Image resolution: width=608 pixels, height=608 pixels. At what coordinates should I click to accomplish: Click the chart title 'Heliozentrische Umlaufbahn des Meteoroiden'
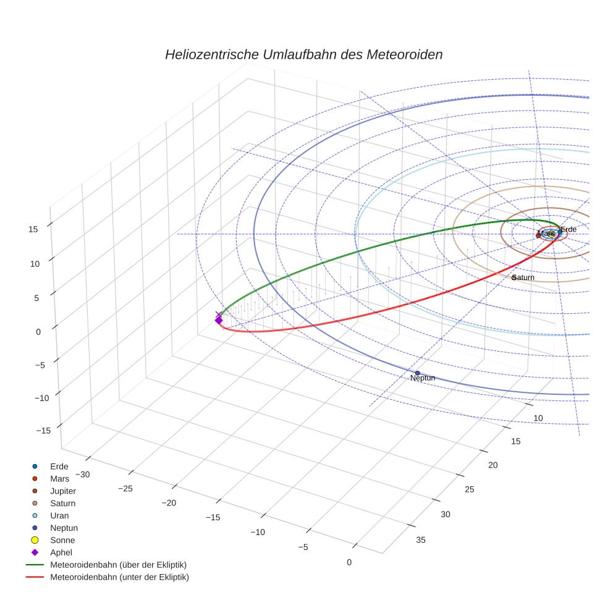[x=303, y=54]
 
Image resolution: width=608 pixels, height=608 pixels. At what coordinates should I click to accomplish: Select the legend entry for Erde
[x=59, y=467]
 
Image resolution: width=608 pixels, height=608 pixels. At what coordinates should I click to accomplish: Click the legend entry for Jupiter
[x=62, y=491]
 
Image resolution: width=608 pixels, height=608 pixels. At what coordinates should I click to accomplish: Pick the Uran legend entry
[x=59, y=515]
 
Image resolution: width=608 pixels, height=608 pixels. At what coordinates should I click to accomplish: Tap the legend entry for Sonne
[x=62, y=540]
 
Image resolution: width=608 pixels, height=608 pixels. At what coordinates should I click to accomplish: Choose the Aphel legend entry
[x=62, y=552]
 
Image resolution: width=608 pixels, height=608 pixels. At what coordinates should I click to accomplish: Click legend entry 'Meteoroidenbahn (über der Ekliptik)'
[x=118, y=565]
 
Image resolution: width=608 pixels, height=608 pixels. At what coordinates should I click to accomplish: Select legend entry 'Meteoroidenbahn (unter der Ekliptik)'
[x=119, y=577]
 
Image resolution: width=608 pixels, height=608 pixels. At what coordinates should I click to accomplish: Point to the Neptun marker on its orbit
[x=417, y=373]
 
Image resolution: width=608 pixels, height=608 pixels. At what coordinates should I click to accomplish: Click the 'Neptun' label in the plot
[x=423, y=378]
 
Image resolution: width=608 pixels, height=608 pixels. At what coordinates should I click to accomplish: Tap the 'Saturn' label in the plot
[x=523, y=277]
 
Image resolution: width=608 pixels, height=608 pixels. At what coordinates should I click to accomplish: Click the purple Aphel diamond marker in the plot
[x=218, y=319]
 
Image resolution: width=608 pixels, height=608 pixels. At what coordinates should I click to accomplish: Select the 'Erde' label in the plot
[x=568, y=229]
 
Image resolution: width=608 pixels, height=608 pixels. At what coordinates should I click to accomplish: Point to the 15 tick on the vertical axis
[x=33, y=229]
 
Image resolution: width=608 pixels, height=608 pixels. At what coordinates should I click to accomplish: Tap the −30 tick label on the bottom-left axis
[x=82, y=475]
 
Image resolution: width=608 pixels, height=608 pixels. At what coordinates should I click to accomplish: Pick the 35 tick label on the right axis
[x=421, y=540]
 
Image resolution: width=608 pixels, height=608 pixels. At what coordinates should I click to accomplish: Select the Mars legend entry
[x=59, y=479]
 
